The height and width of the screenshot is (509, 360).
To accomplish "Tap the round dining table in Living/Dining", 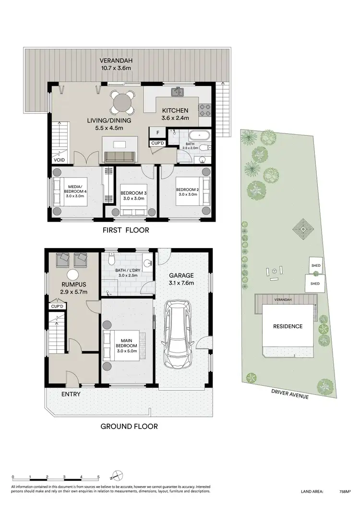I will (122, 102).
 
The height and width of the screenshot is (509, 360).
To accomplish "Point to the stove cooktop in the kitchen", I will (205, 110).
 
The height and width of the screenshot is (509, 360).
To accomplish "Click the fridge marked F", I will (157, 133).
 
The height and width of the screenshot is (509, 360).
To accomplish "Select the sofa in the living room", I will (120, 156).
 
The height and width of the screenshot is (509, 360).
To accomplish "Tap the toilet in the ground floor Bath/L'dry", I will (111, 260).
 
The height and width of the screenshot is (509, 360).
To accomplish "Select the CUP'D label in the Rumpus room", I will (57, 306).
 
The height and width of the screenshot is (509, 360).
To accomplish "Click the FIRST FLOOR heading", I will (126, 230).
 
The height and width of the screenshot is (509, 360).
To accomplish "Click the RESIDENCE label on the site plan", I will (288, 326).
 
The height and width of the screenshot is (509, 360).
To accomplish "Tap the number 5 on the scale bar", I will (98, 477).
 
